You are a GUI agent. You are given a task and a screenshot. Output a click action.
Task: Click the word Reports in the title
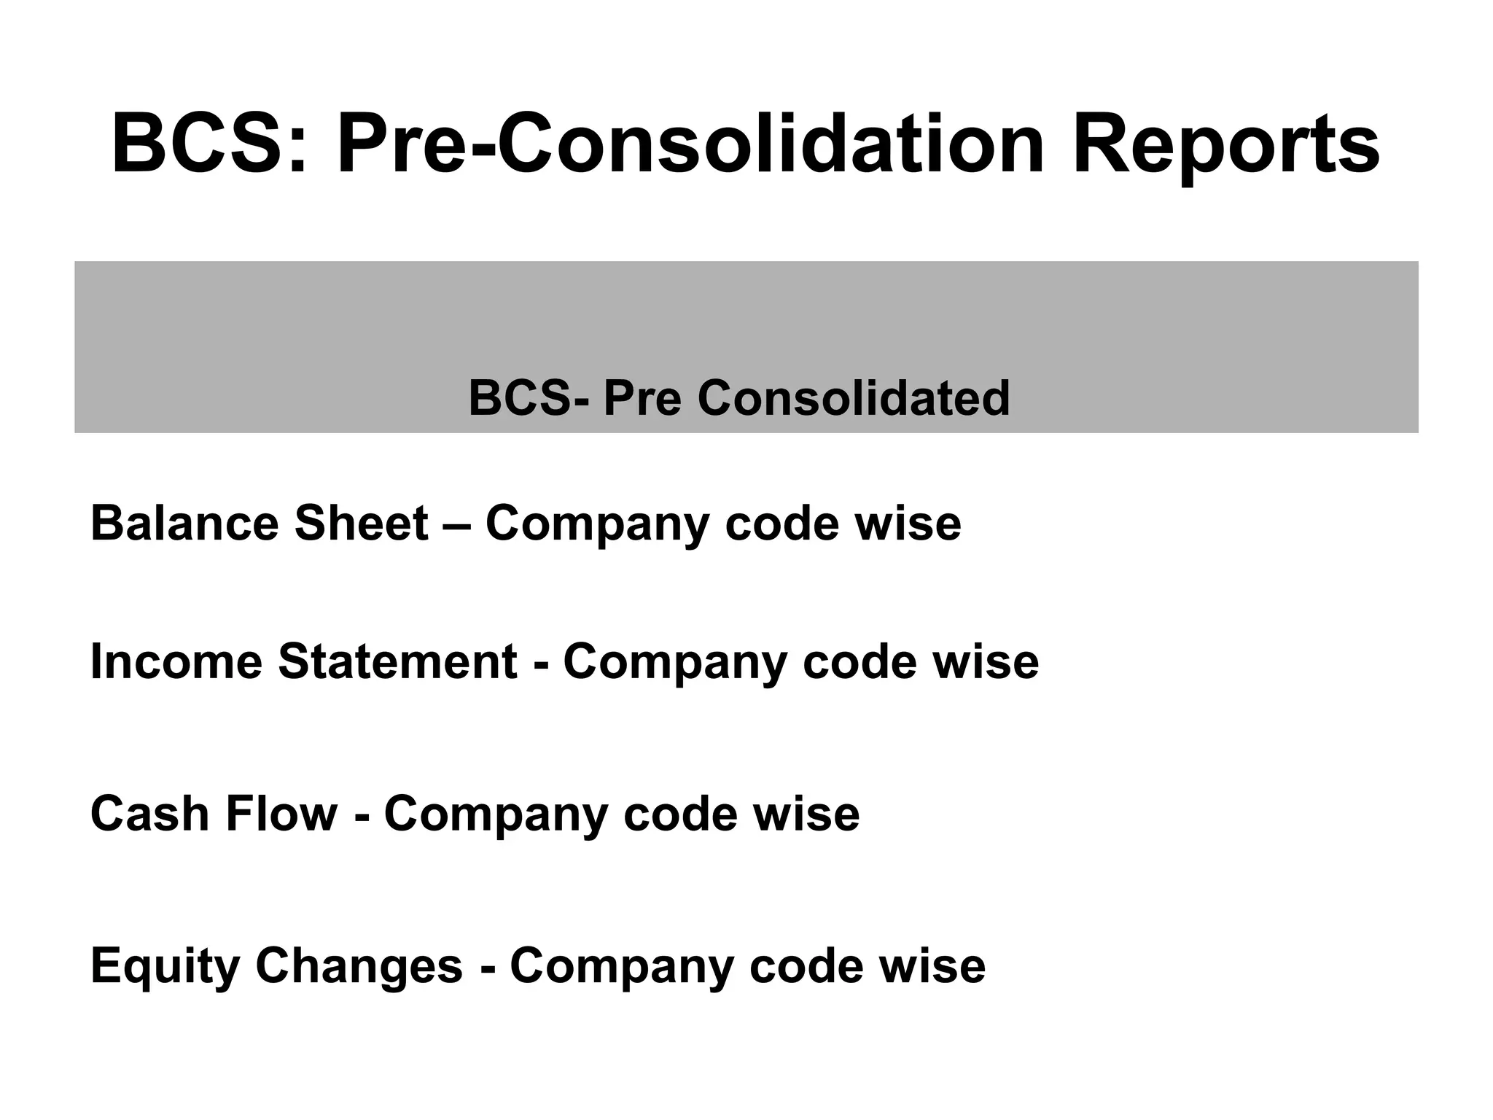(1225, 144)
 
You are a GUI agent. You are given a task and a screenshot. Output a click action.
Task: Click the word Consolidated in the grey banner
(854, 399)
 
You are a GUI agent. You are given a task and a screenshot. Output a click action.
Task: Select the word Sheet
(360, 524)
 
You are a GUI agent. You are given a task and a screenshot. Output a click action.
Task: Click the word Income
(176, 662)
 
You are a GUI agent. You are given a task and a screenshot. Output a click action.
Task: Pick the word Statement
(397, 662)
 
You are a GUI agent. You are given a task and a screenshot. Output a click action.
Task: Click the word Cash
(150, 814)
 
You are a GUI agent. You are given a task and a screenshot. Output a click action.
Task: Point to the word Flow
(281, 814)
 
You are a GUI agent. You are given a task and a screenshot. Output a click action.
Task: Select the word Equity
(165, 966)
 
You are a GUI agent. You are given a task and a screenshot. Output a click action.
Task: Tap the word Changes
(359, 966)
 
